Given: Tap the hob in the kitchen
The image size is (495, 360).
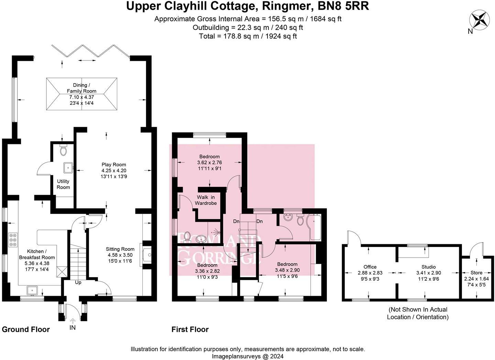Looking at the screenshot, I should [13, 240].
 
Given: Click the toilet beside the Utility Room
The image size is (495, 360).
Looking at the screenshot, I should [63, 150].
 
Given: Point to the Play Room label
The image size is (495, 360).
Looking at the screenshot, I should [114, 165].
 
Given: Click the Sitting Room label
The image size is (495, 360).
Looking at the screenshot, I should [120, 249].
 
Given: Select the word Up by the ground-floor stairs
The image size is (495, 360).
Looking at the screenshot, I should [78, 282].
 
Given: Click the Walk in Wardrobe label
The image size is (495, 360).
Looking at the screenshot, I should [206, 200].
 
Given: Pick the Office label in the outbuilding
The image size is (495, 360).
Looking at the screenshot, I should [370, 267].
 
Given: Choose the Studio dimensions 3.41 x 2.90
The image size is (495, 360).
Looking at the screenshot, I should [429, 273].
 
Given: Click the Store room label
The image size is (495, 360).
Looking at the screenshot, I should [476, 273].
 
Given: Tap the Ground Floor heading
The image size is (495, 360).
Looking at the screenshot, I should [26, 329].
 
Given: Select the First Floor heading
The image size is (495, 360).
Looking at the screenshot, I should [190, 329].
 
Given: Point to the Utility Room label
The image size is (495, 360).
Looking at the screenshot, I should [63, 184].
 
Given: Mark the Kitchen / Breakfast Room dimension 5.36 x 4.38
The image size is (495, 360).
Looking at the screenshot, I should [37, 263].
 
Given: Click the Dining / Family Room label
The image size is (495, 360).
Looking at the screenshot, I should [81, 88].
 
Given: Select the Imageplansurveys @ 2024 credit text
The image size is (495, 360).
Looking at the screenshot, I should [247, 356].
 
